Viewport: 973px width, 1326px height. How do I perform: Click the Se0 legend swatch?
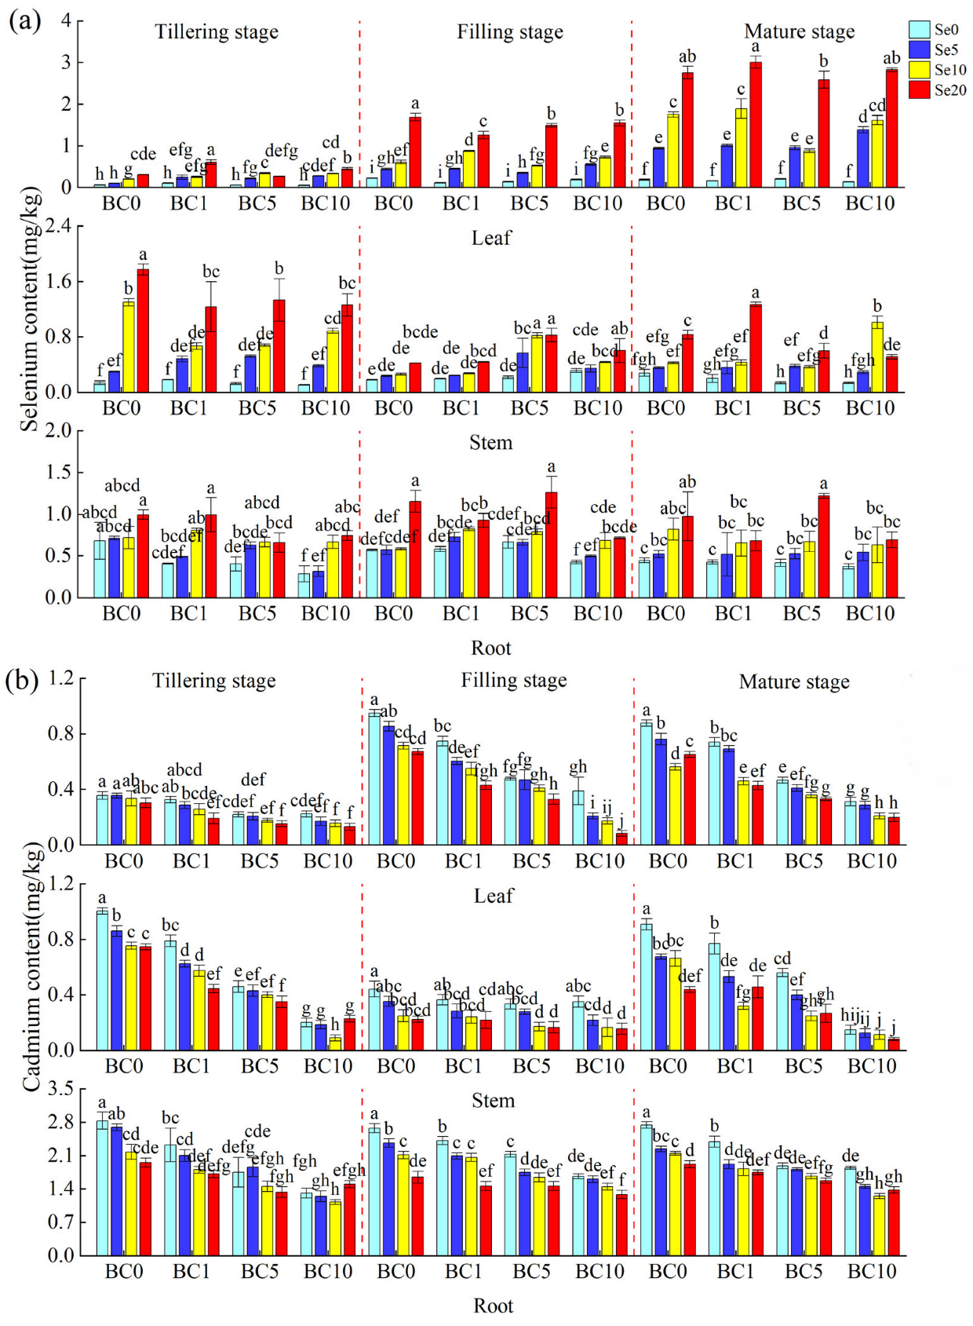[919, 29]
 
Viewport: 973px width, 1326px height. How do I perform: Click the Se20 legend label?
[950, 90]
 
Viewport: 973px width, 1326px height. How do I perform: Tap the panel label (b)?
[22, 680]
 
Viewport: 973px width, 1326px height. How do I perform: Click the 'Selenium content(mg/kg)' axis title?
[30, 309]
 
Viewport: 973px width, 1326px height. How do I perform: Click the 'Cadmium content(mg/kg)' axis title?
[31, 966]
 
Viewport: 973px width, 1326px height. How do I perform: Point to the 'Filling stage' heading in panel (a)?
[510, 32]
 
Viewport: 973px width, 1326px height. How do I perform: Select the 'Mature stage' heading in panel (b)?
[794, 682]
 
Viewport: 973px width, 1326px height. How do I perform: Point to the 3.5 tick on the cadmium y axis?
[60, 1089]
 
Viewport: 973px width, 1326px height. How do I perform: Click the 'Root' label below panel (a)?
[490, 648]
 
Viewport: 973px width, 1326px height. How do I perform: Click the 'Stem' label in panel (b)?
[493, 1101]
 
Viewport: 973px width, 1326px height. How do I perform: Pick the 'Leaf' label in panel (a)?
[491, 238]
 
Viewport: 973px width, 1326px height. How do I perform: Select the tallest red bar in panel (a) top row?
[755, 126]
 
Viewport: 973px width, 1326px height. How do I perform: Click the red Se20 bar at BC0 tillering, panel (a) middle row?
[143, 331]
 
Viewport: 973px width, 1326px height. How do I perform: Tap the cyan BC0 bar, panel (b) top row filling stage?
[374, 778]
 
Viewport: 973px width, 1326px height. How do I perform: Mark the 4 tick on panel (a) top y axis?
[67, 20]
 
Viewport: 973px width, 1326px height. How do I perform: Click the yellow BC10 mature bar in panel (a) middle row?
[877, 357]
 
